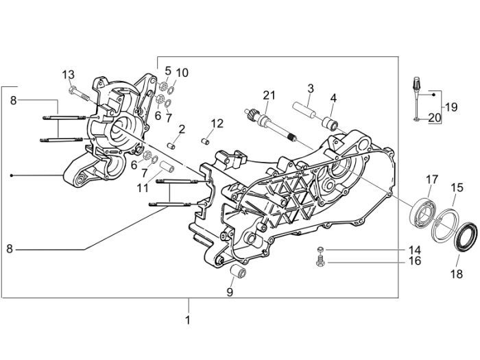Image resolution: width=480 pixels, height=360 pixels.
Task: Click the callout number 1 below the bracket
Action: [188, 320]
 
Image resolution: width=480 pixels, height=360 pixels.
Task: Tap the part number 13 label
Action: [69, 74]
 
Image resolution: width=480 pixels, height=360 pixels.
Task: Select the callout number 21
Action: [268, 95]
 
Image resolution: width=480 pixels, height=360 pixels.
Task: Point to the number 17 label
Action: [431, 180]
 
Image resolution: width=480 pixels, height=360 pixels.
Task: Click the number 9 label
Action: [230, 292]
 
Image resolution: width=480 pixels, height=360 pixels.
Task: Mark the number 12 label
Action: [217, 123]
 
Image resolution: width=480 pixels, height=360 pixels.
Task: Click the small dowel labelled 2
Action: [173, 145]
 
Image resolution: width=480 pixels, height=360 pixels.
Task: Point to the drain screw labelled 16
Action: [317, 262]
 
